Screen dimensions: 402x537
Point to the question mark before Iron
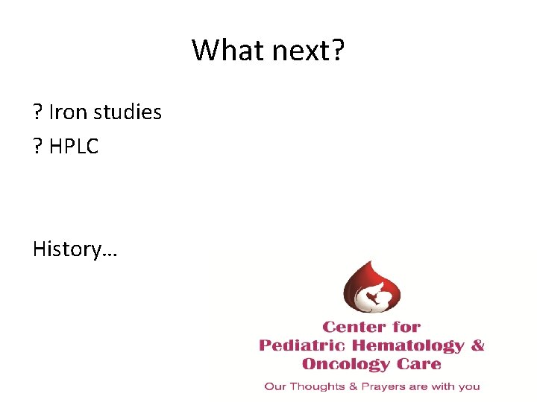(x=37, y=112)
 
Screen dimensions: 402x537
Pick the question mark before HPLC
(x=37, y=147)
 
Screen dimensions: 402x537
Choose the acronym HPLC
(x=74, y=147)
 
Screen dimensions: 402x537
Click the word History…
(x=75, y=249)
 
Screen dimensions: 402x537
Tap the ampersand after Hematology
(x=478, y=345)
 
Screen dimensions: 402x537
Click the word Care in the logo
(x=420, y=364)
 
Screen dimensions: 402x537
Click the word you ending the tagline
(x=469, y=387)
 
